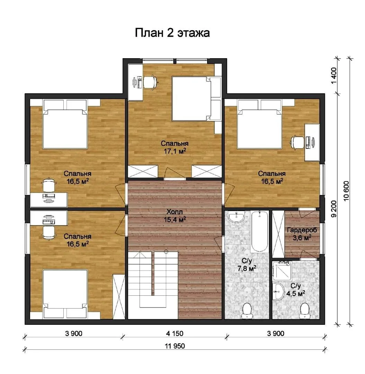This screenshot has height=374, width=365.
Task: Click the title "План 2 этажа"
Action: coord(172,33)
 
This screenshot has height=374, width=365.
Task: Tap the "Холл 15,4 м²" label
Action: coord(175,216)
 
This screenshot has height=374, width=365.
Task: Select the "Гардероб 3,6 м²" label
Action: coord(302,234)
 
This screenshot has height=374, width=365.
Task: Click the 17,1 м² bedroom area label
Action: coord(175,147)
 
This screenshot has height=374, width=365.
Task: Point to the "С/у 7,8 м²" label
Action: coord(247,265)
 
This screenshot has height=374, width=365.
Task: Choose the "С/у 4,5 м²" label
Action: coord(296,289)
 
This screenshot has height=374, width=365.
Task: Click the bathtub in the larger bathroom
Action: coord(259,231)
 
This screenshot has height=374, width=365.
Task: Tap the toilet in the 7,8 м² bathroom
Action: coord(246,311)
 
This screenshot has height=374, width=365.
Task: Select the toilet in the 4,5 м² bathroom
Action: coord(305,311)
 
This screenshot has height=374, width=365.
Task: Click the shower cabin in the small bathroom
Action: coord(282,270)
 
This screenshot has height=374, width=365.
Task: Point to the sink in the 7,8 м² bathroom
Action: coord(236,217)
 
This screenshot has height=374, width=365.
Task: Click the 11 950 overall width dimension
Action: coord(175,346)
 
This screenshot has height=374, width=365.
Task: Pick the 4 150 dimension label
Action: coord(175,333)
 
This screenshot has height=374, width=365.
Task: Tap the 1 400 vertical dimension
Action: coord(334,75)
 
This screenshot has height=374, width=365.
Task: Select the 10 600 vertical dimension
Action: coord(346,191)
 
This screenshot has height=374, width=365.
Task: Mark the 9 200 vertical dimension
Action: coord(334,209)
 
